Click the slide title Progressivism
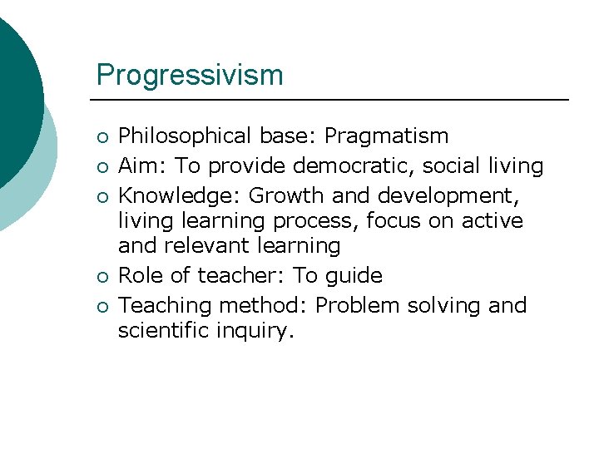tap(190, 75)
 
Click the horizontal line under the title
tap(333, 101)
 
